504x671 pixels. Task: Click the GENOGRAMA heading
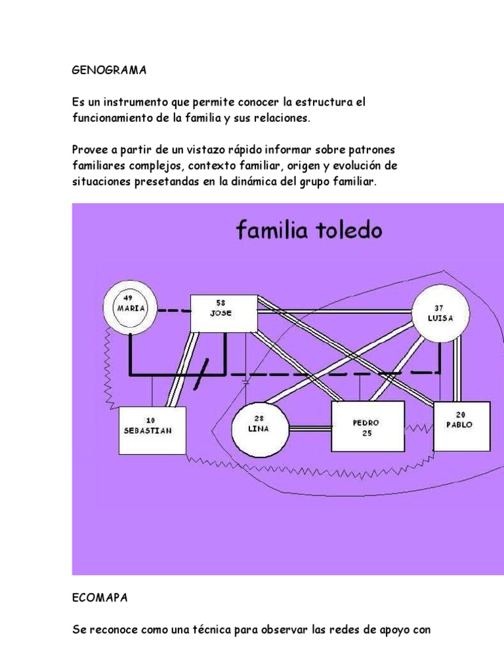click(x=109, y=70)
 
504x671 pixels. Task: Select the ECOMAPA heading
click(x=100, y=598)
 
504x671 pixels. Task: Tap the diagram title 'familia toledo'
click(x=309, y=230)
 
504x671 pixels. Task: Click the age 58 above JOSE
click(x=221, y=303)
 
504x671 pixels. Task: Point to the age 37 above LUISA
click(x=439, y=308)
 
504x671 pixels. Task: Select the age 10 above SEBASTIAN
click(x=150, y=421)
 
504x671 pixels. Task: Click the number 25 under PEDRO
click(x=367, y=433)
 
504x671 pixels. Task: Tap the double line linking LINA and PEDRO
click(x=310, y=429)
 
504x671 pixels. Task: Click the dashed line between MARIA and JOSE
click(x=174, y=311)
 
